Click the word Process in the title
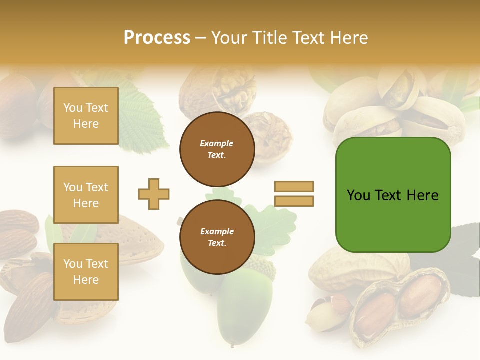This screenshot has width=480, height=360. point(157,37)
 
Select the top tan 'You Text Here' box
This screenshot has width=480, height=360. point(86,116)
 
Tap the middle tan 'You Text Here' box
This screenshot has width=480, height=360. point(86,195)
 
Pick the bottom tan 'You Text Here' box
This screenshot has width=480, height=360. point(86,272)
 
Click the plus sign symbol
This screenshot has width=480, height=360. point(154,194)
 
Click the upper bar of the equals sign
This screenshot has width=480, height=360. point(294,186)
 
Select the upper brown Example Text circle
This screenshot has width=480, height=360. point(217,149)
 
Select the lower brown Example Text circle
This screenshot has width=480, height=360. point(217,237)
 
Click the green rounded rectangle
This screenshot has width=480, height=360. point(393,220)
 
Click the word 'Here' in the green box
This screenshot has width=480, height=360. point(422,195)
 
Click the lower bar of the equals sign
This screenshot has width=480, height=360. point(294,201)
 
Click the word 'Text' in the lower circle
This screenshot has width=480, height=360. point(217,243)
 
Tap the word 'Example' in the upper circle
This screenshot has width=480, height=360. point(217,143)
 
